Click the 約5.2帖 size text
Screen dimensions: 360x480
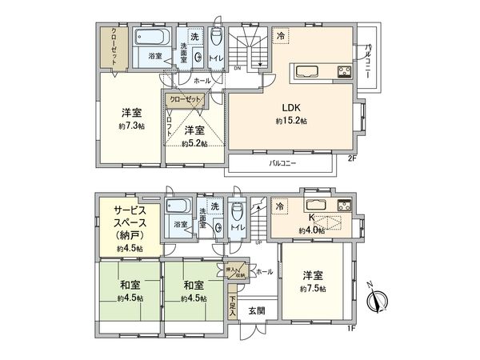(x=194, y=143)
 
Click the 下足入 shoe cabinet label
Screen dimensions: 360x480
(x=233, y=307)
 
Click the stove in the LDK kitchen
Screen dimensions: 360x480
(x=344, y=72)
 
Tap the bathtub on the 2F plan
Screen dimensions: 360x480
(x=148, y=38)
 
